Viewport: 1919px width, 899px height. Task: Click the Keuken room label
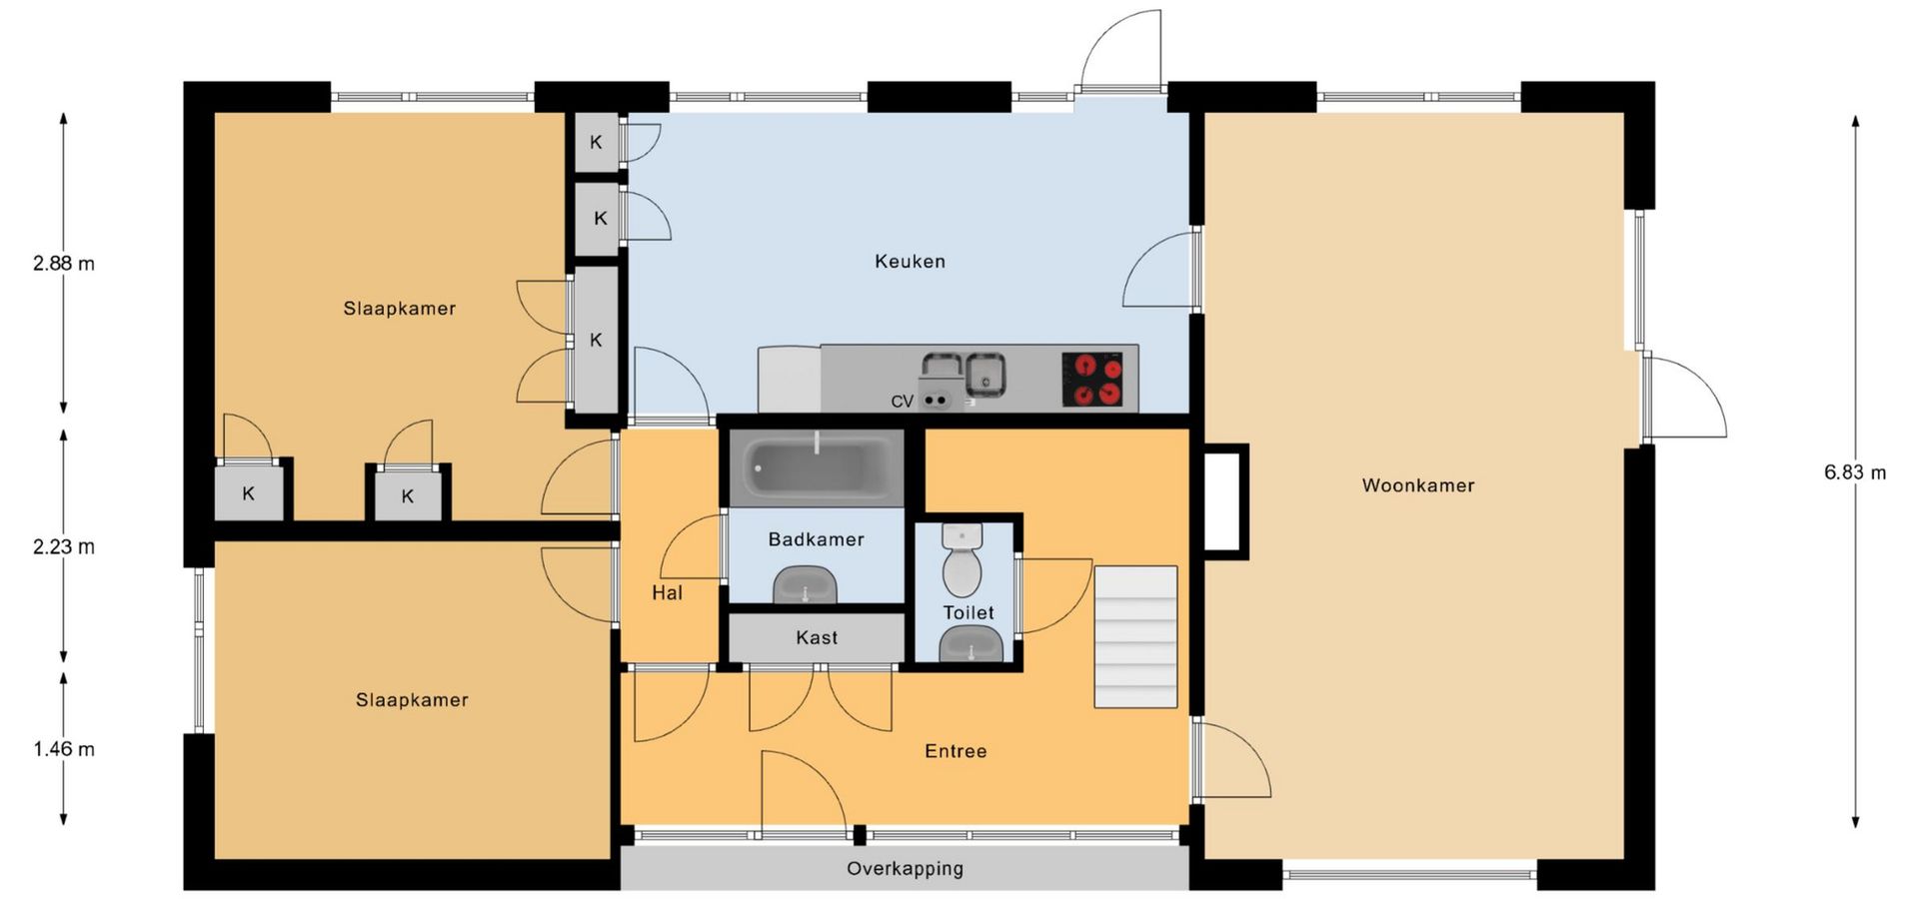pos(910,262)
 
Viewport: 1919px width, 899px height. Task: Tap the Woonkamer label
pos(1418,485)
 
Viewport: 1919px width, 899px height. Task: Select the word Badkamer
pos(816,539)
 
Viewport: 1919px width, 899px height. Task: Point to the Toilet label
pos(968,612)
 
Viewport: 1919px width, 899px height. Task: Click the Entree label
pos(956,751)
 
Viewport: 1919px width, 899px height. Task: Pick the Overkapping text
pos(905,869)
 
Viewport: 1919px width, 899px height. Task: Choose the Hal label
pos(667,593)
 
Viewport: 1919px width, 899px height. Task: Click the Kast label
pos(817,637)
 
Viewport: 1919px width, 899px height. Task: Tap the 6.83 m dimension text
pos(1855,472)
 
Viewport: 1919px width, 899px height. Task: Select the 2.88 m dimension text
pos(64,264)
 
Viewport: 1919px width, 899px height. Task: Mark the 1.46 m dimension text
pos(64,749)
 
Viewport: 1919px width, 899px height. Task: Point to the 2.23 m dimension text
pos(64,547)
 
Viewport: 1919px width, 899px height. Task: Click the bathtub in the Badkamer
pos(817,467)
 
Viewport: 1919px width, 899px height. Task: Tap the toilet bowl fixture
pos(962,559)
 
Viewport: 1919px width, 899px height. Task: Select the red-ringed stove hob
pos(1097,380)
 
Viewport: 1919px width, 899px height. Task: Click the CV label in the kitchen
pos(902,402)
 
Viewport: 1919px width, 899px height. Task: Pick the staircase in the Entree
pos(1135,637)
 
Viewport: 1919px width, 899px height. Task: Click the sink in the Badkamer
pos(805,585)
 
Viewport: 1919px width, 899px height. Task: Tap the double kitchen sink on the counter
pos(963,374)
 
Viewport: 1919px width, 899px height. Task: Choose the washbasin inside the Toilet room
pos(970,645)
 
